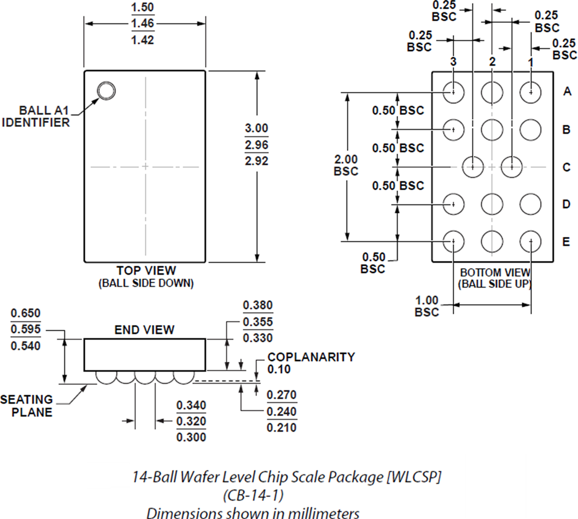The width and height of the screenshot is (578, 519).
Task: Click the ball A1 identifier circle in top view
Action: coord(106,91)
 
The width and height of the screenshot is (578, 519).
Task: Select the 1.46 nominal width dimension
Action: coord(143,24)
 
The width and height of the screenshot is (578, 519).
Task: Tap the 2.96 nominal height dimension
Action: coord(256,144)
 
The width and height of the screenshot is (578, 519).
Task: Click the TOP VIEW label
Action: coord(146,271)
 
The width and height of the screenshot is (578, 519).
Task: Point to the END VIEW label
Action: coord(144,330)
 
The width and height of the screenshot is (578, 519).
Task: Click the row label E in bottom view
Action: coord(566,242)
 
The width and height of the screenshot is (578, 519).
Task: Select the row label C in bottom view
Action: coord(566,167)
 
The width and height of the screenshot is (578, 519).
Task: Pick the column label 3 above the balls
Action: coord(453,62)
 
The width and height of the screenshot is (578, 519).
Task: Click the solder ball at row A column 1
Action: coord(530,91)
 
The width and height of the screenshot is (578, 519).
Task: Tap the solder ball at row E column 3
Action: coord(453,241)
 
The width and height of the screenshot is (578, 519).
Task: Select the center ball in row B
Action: coord(492,129)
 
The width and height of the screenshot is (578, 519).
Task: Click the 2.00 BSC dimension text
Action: coord(346,165)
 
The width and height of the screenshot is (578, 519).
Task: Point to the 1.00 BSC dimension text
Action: coord(427,306)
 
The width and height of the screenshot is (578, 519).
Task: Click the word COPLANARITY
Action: coord(311,357)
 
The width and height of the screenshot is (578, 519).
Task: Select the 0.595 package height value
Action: coord(26,330)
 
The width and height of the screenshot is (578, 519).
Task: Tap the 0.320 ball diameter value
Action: coord(191,421)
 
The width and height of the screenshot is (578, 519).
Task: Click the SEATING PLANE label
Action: coord(26,405)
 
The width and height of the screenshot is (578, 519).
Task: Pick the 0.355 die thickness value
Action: coord(258,322)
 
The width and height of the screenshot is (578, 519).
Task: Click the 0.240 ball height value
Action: coord(282,411)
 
